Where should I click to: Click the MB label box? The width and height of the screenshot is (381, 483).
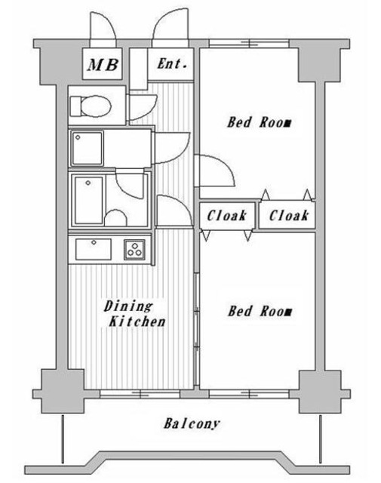pyautogui.click(x=103, y=65)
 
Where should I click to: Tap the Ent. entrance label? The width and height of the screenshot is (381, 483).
pyautogui.click(x=172, y=64)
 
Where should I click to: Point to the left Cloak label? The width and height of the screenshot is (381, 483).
pyautogui.click(x=227, y=216)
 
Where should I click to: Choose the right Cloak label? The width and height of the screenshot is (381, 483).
pyautogui.click(x=288, y=216)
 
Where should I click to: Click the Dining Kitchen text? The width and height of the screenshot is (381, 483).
pyautogui.click(x=134, y=314)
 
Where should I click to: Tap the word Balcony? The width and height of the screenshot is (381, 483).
pyautogui.click(x=192, y=423)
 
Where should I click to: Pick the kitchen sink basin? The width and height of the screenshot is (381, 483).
pyautogui.click(x=92, y=248)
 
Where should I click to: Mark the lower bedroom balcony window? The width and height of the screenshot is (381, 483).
pyautogui.click(x=248, y=393)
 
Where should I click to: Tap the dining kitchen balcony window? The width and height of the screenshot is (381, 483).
pyautogui.click(x=141, y=393)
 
